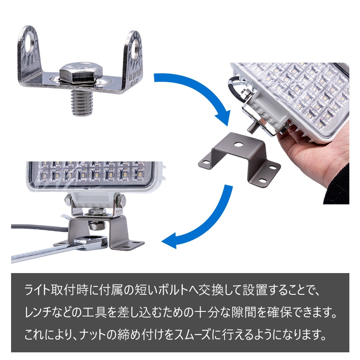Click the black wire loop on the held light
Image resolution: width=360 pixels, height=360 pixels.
point(235,88)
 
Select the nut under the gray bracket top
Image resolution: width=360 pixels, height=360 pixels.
point(97,226)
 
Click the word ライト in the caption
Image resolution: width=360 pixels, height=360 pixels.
point(37,290)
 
